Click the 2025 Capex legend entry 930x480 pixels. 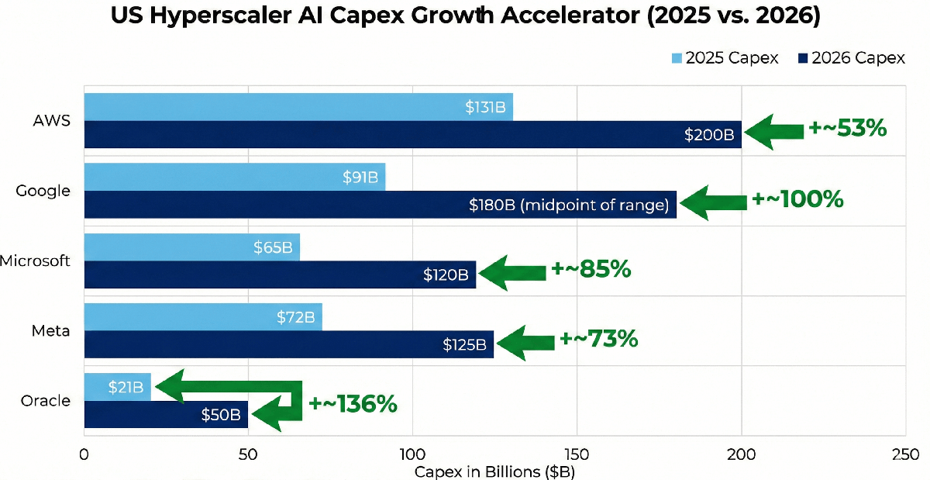(724, 58)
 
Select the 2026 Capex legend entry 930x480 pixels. (849, 58)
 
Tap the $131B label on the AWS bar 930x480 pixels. (485, 108)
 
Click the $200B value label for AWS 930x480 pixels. (708, 135)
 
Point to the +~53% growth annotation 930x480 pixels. (847, 129)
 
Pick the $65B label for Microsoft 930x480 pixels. (273, 247)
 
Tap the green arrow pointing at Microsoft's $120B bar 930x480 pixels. (512, 271)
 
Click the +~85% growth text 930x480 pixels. (591, 269)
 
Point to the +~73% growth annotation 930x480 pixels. (598, 339)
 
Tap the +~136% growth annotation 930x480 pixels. (353, 404)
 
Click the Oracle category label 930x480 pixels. (46, 401)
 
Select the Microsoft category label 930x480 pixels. (36, 261)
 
